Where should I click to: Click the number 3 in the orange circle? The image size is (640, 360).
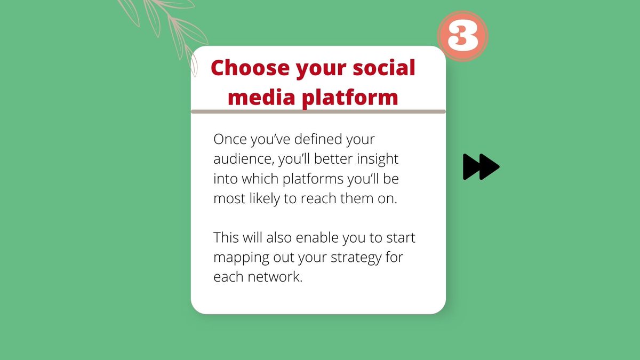pos(462,36)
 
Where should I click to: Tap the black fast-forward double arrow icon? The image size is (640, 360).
pos(481,167)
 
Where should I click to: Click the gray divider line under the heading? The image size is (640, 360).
pos(318,111)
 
